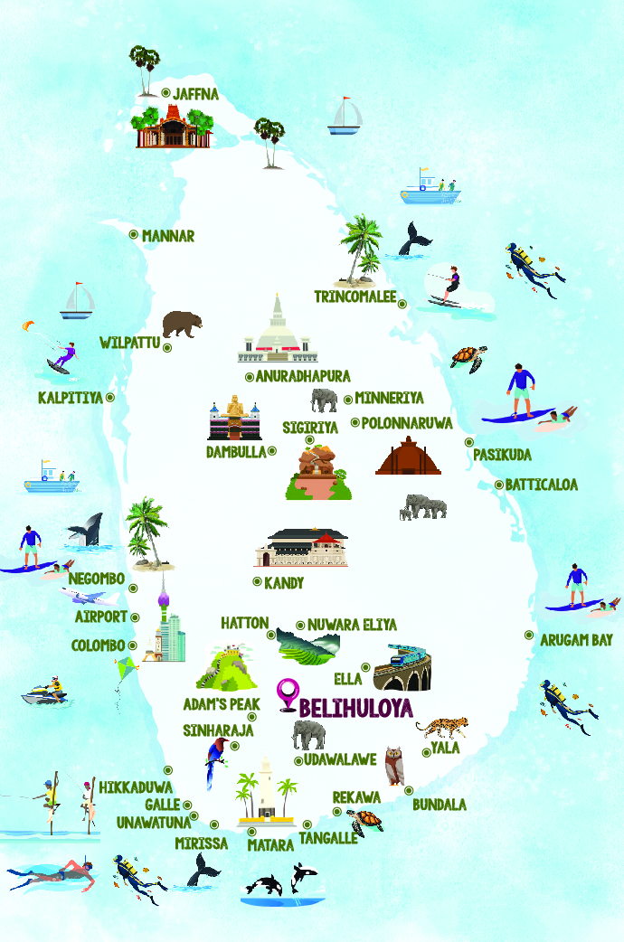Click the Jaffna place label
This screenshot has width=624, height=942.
click(196, 93)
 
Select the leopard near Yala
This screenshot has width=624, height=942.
click(440, 727)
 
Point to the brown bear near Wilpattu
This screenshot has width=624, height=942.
click(182, 324)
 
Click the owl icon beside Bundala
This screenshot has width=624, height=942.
click(393, 766)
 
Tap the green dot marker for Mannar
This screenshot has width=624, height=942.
click(134, 234)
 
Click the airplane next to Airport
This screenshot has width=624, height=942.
click(90, 597)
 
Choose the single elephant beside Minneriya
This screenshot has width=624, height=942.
click(323, 399)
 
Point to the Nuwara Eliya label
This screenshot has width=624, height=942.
click(352, 625)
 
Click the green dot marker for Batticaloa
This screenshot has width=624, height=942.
click(499, 485)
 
